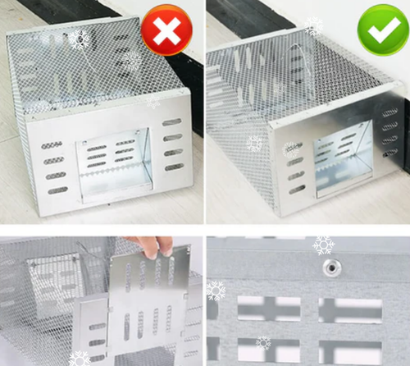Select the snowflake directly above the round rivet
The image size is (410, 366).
pos(324,245)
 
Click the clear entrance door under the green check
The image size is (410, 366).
pos(343,157)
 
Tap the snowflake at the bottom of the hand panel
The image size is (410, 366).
pos(80,359)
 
